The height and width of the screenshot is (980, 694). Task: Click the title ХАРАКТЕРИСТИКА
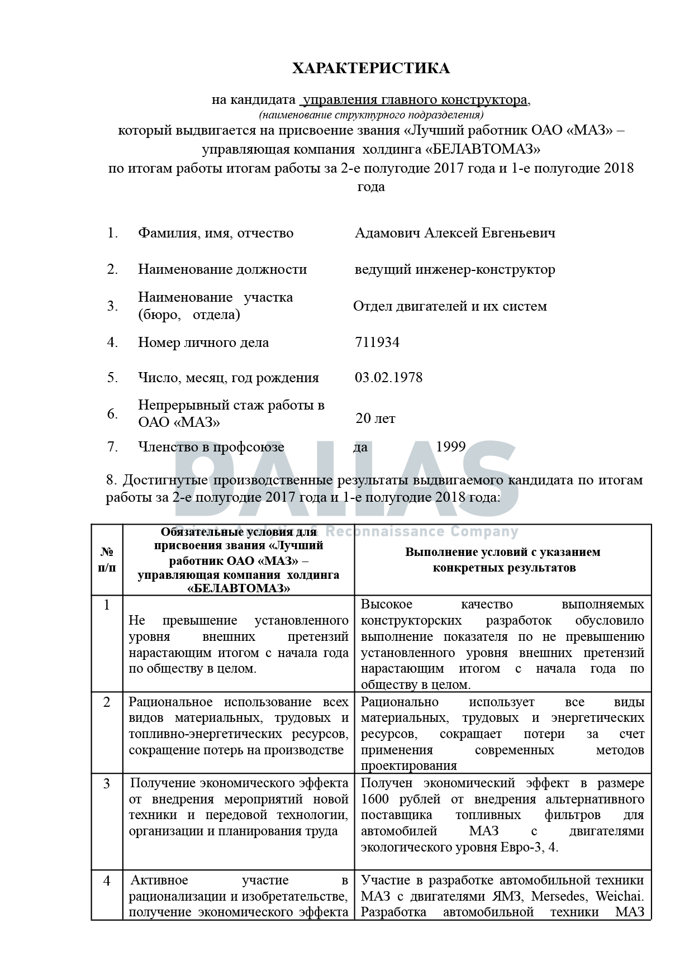click(371, 68)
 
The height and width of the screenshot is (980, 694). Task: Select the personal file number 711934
click(377, 342)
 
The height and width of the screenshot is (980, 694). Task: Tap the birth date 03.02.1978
click(388, 378)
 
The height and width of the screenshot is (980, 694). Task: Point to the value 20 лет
click(375, 418)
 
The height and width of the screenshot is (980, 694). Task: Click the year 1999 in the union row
click(450, 447)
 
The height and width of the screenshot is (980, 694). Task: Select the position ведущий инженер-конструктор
click(455, 269)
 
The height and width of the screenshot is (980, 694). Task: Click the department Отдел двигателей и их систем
click(450, 306)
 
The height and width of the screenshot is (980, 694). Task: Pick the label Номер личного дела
click(203, 342)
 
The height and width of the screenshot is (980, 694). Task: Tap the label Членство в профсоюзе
click(211, 447)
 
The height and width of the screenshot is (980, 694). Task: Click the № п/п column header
click(107, 560)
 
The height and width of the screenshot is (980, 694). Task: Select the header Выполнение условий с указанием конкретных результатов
click(502, 560)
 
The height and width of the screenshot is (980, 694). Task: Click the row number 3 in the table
click(107, 784)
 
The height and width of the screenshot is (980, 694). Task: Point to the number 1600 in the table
click(375, 799)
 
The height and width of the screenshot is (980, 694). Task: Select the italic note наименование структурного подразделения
click(371, 116)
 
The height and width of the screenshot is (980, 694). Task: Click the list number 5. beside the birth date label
click(112, 378)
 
